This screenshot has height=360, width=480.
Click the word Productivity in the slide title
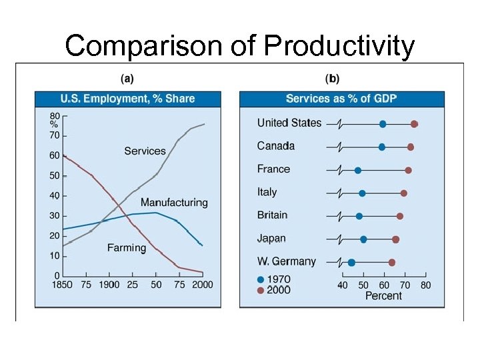click(339, 46)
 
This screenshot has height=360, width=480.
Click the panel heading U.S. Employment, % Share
click(127, 99)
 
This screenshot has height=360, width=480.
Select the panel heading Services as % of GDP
click(341, 99)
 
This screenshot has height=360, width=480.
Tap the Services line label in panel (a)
click(145, 151)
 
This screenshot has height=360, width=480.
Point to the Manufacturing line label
click(174, 202)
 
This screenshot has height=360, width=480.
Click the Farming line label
click(126, 247)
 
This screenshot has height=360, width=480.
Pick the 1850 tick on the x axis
click(62, 285)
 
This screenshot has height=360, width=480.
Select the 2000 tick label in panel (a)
click(202, 285)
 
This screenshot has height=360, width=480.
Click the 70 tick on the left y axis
click(54, 135)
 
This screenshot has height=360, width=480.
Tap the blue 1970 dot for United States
click(383, 124)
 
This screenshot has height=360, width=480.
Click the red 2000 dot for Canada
click(411, 147)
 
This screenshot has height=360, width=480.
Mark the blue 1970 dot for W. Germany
click(351, 262)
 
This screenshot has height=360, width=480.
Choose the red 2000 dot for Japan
click(395, 239)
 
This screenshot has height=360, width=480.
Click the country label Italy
click(267, 192)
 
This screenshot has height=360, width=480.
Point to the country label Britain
click(272, 215)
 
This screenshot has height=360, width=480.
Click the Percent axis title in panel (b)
click(383, 295)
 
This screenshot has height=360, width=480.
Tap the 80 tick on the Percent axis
click(425, 285)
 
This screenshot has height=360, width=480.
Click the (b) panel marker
click(331, 79)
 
